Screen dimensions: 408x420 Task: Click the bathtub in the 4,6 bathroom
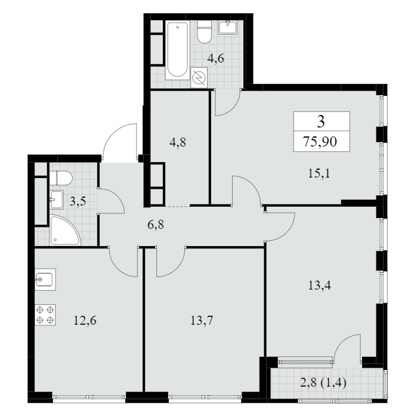point(177,50)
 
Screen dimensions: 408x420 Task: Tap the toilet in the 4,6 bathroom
point(204,32)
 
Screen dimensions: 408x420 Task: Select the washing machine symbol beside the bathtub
point(199,77)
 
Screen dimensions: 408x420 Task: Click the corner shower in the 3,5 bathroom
point(64,230)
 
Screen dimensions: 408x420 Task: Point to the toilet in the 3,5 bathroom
point(61,178)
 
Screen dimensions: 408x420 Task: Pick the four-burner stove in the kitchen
point(45,315)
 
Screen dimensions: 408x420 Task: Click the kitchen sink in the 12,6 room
point(45,279)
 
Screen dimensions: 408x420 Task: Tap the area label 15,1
point(319,173)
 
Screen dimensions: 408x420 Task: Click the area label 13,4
point(319,285)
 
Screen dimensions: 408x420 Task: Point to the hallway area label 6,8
point(156,225)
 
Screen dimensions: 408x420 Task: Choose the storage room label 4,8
point(178,142)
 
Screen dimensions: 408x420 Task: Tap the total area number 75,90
point(320,141)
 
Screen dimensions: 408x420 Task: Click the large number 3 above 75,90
point(321,122)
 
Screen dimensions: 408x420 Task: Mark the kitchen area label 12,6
point(85,320)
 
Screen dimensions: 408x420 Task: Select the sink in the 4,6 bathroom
point(227,27)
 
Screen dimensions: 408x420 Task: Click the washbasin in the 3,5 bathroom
point(56,199)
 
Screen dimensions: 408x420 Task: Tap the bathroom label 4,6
point(216,58)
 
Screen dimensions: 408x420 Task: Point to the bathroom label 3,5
point(78,201)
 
